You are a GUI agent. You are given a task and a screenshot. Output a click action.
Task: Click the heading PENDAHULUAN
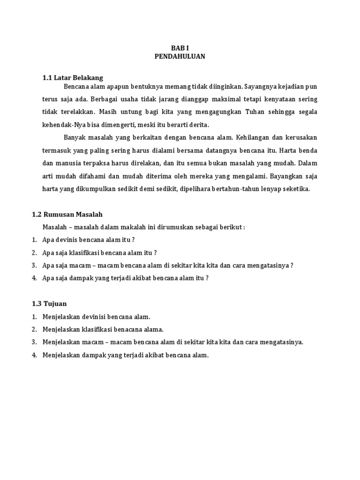180,57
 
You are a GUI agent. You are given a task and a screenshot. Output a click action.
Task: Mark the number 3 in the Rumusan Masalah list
34,265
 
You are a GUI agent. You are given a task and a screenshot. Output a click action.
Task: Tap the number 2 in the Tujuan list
34,330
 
